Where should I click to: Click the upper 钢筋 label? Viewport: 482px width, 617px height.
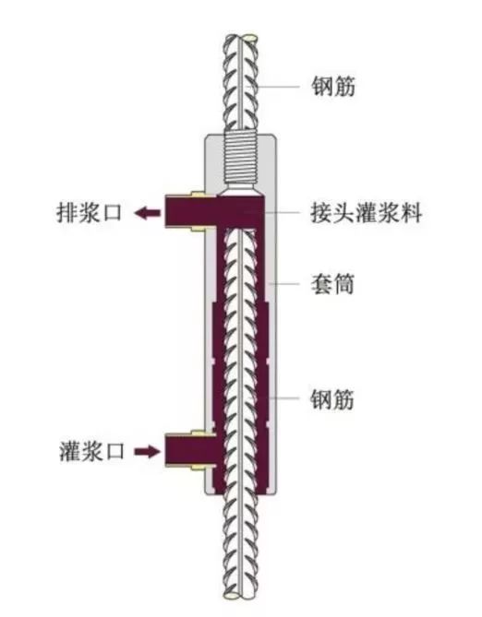tap(333, 86)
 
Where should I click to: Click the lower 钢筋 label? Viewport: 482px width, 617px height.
tap(332, 399)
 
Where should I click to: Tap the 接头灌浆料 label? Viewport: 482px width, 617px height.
tap(367, 213)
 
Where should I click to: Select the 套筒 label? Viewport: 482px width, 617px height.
tap(332, 283)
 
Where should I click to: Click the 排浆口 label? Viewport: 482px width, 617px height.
tap(90, 213)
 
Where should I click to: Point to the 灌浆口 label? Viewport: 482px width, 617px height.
tap(91, 451)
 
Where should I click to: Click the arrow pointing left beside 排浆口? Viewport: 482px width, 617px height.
tap(148, 213)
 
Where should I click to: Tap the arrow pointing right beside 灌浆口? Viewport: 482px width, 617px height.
tap(148, 451)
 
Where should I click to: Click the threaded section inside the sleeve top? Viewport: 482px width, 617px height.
tap(240, 161)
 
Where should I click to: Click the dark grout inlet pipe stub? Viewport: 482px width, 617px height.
tap(190, 450)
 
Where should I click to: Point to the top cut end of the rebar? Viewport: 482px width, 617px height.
tap(241, 38)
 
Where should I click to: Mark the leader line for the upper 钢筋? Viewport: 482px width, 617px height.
tap(273, 86)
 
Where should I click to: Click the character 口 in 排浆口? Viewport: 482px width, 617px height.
tap(112, 213)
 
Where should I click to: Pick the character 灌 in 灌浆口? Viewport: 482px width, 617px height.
tap(70, 451)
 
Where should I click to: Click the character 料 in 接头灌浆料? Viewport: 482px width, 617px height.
tap(412, 213)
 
